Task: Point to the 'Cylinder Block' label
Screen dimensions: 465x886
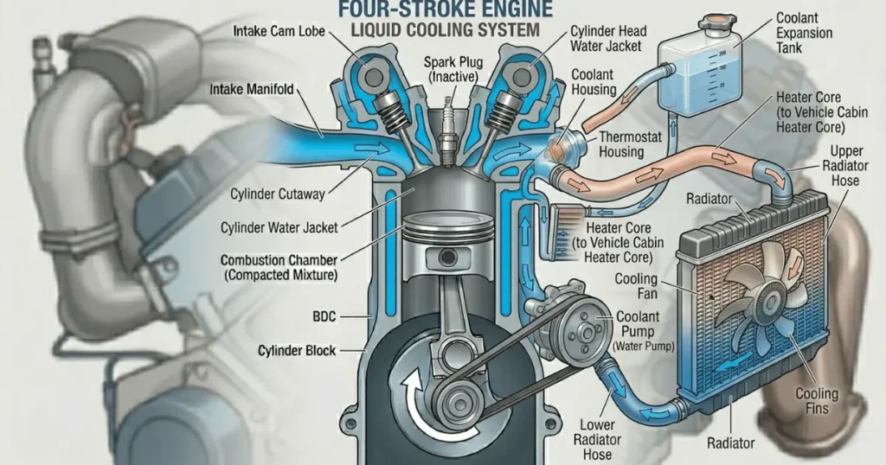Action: pyautogui.click(x=297, y=350)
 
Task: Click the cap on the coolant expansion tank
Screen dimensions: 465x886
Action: pyautogui.click(x=715, y=23)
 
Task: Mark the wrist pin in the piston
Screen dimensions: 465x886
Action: pyautogui.click(x=447, y=258)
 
